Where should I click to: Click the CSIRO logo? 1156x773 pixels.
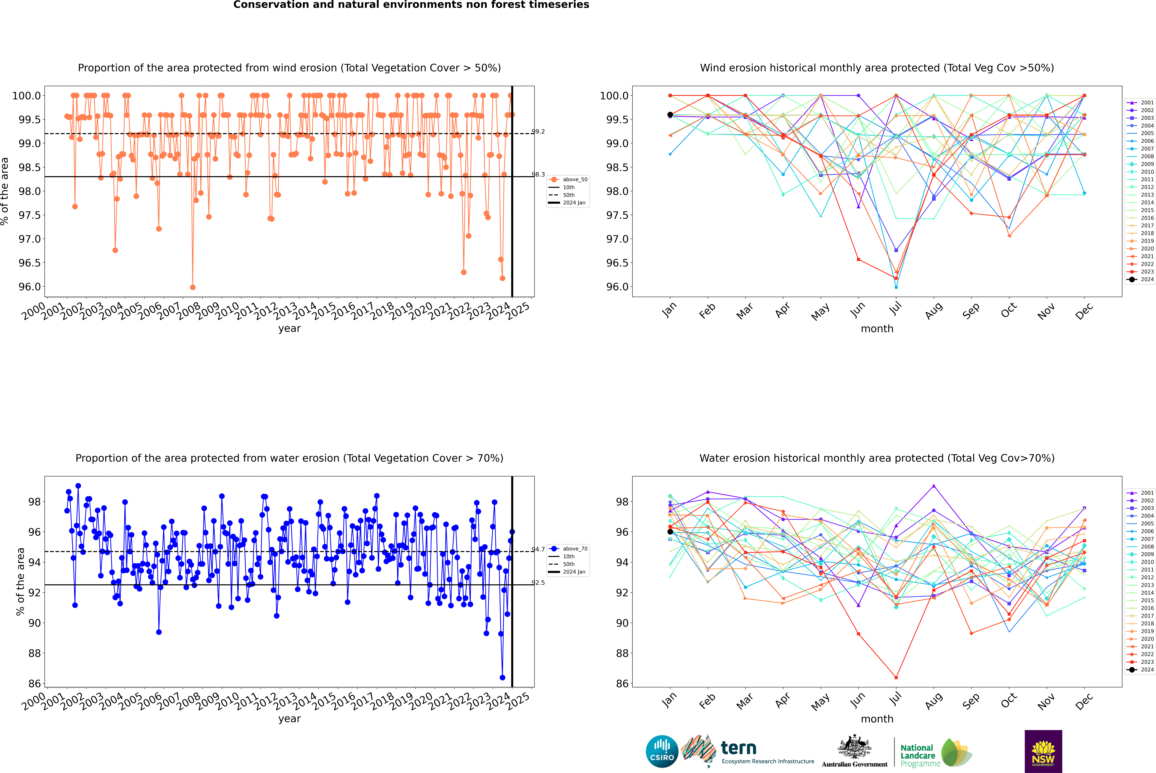pyautogui.click(x=662, y=751)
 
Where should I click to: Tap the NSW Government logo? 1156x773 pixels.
pyautogui.click(x=1043, y=751)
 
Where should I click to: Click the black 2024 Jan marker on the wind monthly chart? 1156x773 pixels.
pyautogui.click(x=670, y=115)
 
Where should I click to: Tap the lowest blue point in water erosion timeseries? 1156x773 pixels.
pyautogui.click(x=502, y=677)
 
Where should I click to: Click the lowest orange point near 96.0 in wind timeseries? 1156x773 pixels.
pyautogui.click(x=193, y=287)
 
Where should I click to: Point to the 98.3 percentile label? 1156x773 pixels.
pyautogui.click(x=538, y=174)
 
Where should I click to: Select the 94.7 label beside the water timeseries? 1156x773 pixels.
pyautogui.click(x=538, y=549)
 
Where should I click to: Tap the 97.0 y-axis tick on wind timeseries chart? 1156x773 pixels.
pyautogui.click(x=30, y=239)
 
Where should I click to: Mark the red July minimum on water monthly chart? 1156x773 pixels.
pyautogui.click(x=896, y=677)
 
